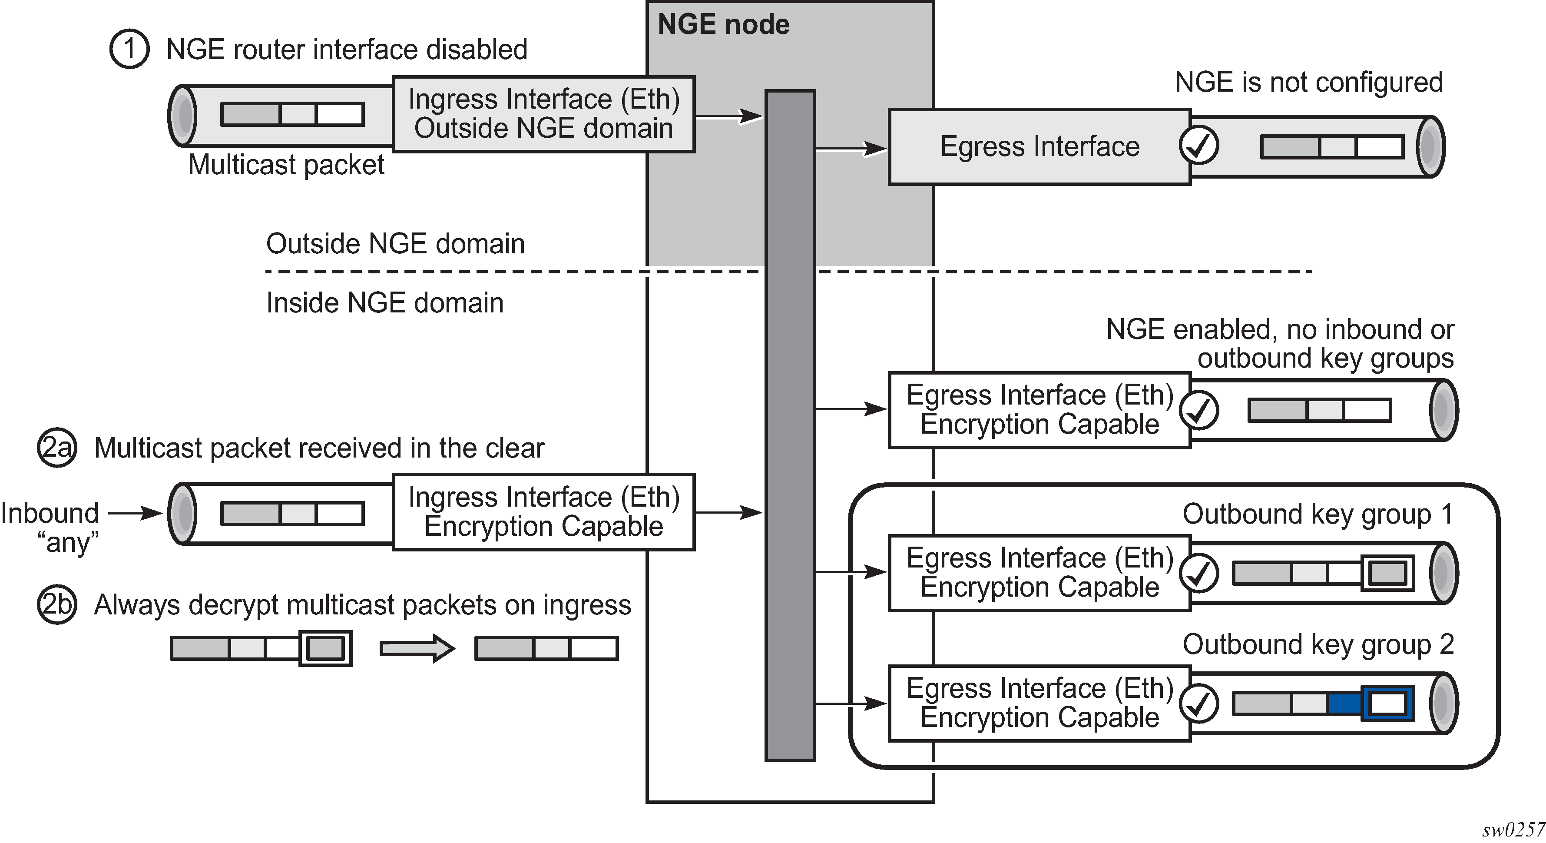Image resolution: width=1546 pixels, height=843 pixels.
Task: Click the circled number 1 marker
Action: coord(129,49)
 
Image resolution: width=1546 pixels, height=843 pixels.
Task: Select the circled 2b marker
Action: coord(57,604)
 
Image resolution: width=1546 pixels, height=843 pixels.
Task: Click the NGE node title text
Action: coord(723,25)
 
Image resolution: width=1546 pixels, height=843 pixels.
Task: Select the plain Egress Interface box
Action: coord(1039,146)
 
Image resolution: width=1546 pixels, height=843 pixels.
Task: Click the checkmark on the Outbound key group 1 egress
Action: coord(1198,573)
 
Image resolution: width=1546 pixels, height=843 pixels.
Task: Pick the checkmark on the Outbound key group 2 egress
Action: coord(1198,703)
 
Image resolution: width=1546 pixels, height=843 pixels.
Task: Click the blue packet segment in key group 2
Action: coord(1344,703)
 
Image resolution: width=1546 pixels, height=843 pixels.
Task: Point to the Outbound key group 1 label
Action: coord(1318,514)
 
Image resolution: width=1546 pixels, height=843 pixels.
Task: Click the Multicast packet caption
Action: coord(286,165)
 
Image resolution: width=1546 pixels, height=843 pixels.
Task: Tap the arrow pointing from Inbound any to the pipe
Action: coord(135,513)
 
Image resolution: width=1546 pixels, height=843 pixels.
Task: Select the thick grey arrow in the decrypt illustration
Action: coord(417,648)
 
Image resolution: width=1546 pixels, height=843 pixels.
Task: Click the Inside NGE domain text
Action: coord(385,302)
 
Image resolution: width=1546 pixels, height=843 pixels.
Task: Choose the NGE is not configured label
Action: coord(1308,82)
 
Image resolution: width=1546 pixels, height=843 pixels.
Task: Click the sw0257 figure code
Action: coord(1513,830)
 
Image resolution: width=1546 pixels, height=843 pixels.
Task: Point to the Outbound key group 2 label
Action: coord(1318,645)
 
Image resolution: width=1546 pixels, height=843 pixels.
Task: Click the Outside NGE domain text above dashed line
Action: coord(395,244)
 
